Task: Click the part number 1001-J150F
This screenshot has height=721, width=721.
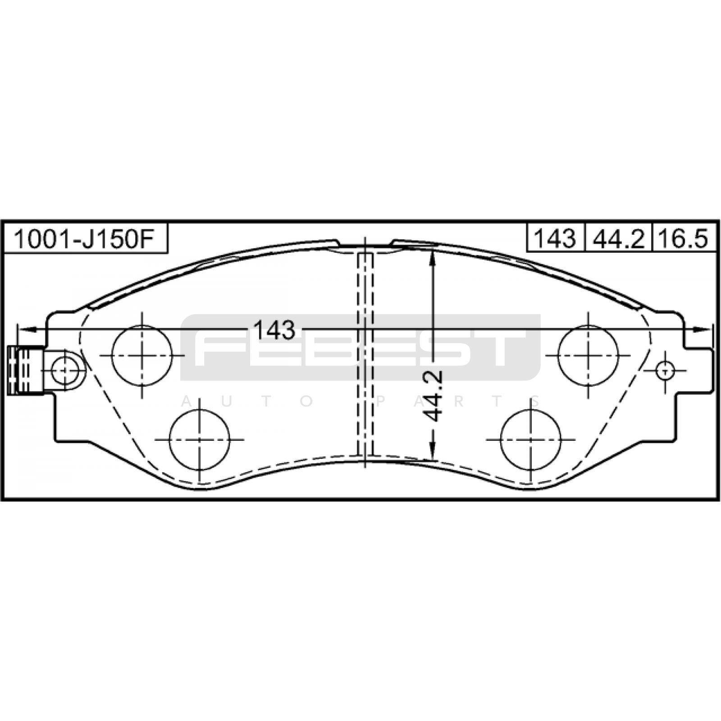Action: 85,239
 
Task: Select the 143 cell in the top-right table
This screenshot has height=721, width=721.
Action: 555,238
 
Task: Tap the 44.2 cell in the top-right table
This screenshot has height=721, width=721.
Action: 618,238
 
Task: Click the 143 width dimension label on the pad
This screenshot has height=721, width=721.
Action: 274,330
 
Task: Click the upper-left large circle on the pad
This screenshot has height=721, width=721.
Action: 142,355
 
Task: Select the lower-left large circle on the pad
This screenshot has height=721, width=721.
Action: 199,439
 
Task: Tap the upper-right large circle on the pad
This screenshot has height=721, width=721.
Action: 588,355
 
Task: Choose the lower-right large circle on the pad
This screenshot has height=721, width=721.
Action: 531,439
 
